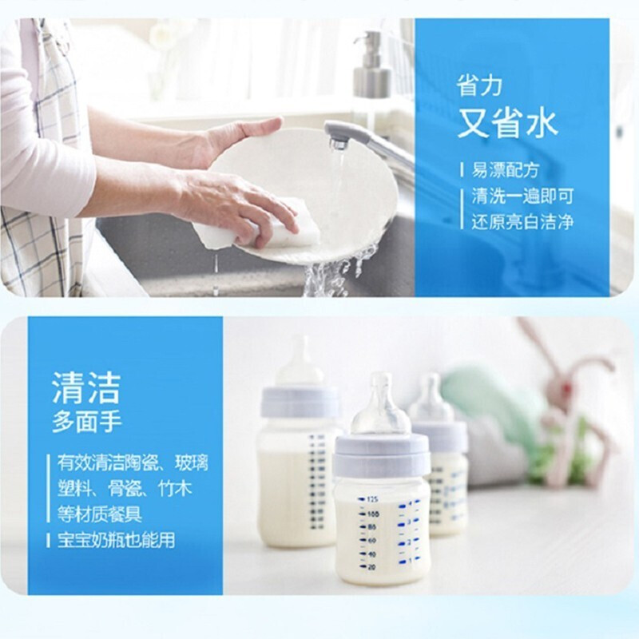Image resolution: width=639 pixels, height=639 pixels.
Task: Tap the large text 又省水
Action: pos(507,124)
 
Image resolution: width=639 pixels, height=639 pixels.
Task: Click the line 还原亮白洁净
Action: pos(522,221)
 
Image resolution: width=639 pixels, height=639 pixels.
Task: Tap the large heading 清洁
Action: pos(85,387)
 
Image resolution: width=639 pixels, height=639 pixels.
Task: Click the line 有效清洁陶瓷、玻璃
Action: pos(124,462)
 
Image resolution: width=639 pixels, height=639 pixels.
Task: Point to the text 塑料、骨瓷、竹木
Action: pos(124,487)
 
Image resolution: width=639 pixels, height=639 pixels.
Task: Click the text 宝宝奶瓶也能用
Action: pos(115,539)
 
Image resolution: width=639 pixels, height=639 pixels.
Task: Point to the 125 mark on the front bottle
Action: pos(371,497)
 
